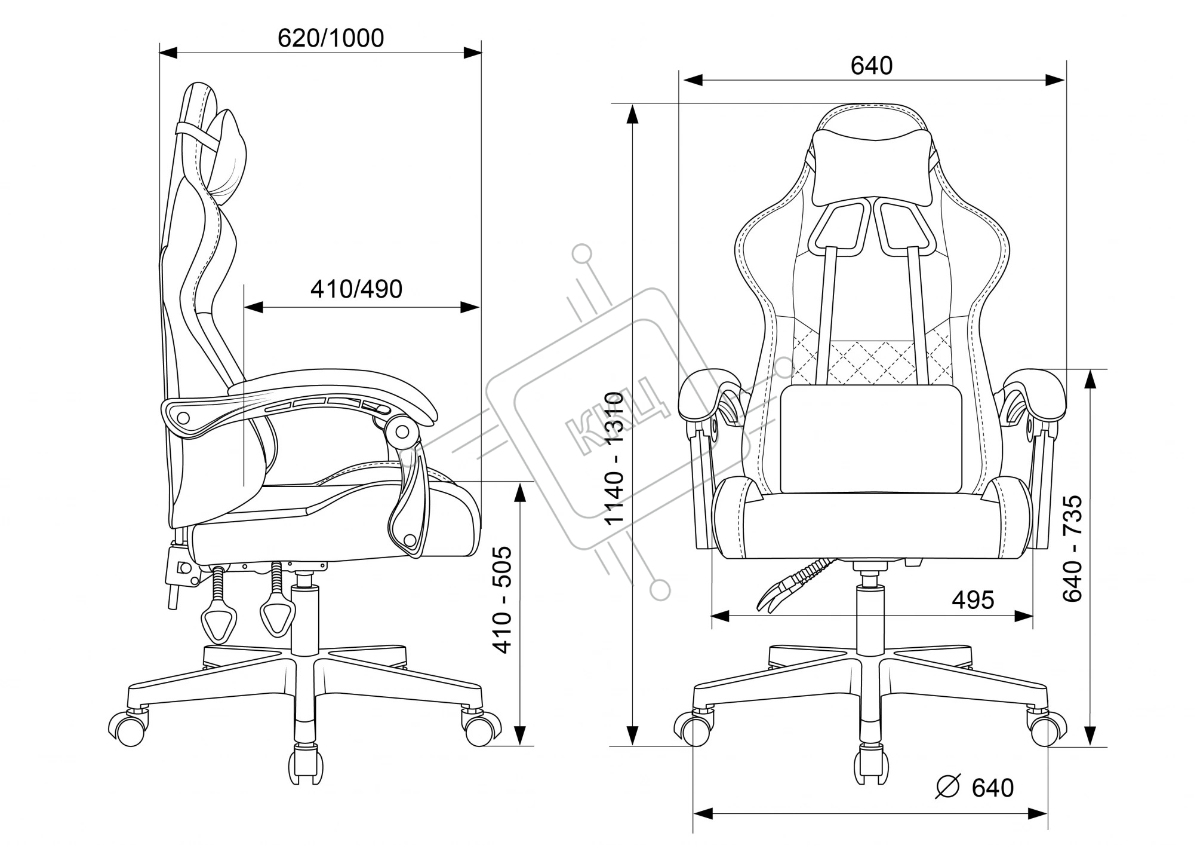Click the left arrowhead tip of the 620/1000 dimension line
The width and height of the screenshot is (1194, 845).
pyautogui.click(x=160, y=53)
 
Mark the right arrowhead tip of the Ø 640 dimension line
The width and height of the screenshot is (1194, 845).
pyautogui.click(x=1048, y=813)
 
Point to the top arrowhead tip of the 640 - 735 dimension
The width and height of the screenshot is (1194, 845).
pyautogui.click(x=1091, y=370)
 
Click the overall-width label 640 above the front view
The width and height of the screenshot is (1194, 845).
pyautogui.click(x=872, y=66)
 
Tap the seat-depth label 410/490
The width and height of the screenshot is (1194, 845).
pyautogui.click(x=356, y=289)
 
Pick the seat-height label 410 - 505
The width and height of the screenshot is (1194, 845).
pyautogui.click(x=504, y=599)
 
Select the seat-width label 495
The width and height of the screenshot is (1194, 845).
pyautogui.click(x=973, y=599)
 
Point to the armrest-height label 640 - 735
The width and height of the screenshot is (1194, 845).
pyautogui.click(x=1073, y=549)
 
